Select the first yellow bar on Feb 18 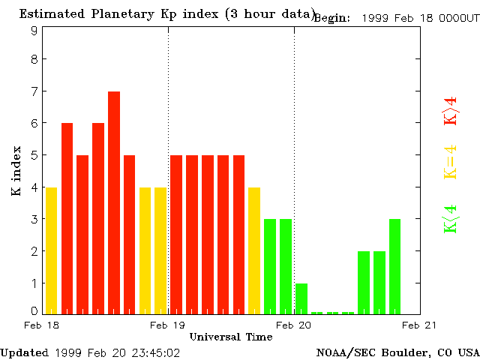click(x=51, y=250)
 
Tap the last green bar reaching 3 click(x=394, y=266)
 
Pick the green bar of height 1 click(x=301, y=298)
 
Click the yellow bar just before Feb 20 click(x=254, y=250)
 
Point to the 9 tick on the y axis click(x=34, y=31)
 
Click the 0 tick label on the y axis click(x=34, y=311)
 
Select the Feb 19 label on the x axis click(x=168, y=325)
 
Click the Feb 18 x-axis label click(x=42, y=325)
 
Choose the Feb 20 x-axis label click(x=294, y=325)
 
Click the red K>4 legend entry click(x=451, y=111)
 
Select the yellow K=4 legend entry click(x=451, y=163)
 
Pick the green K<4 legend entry click(x=451, y=219)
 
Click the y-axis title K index click(x=16, y=172)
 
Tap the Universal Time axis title click(x=230, y=337)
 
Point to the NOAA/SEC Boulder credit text click(x=397, y=352)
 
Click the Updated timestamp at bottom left click(x=90, y=352)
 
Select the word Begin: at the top click(x=332, y=18)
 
